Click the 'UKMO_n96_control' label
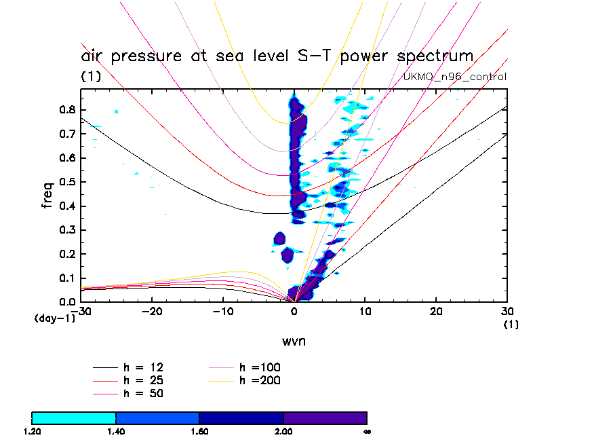[x=454, y=77]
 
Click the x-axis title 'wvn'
[x=294, y=341]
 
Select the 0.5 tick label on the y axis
[x=66, y=181]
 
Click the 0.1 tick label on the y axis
[x=66, y=278]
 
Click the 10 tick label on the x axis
[x=365, y=311]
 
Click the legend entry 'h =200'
[x=260, y=380]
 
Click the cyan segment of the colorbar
[x=74, y=418]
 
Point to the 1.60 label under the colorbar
[x=199, y=431]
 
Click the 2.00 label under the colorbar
[x=283, y=431]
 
